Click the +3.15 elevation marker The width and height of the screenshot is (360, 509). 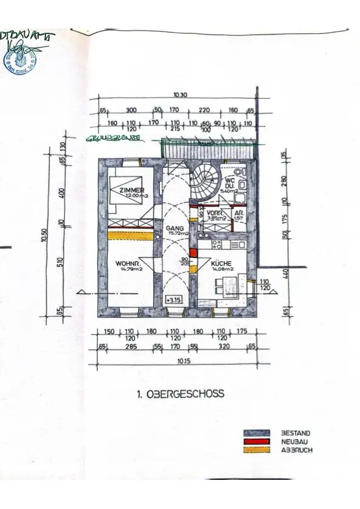click(175, 299)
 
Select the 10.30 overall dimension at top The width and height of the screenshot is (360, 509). click(179, 95)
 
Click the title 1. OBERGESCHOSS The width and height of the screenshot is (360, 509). click(180, 394)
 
